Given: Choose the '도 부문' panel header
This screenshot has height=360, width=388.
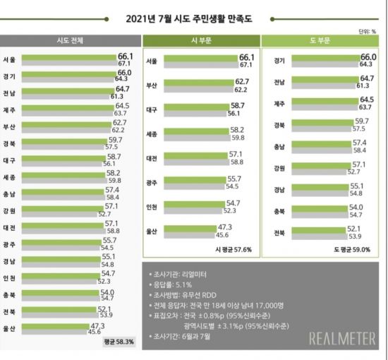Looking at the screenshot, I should [322, 40].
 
